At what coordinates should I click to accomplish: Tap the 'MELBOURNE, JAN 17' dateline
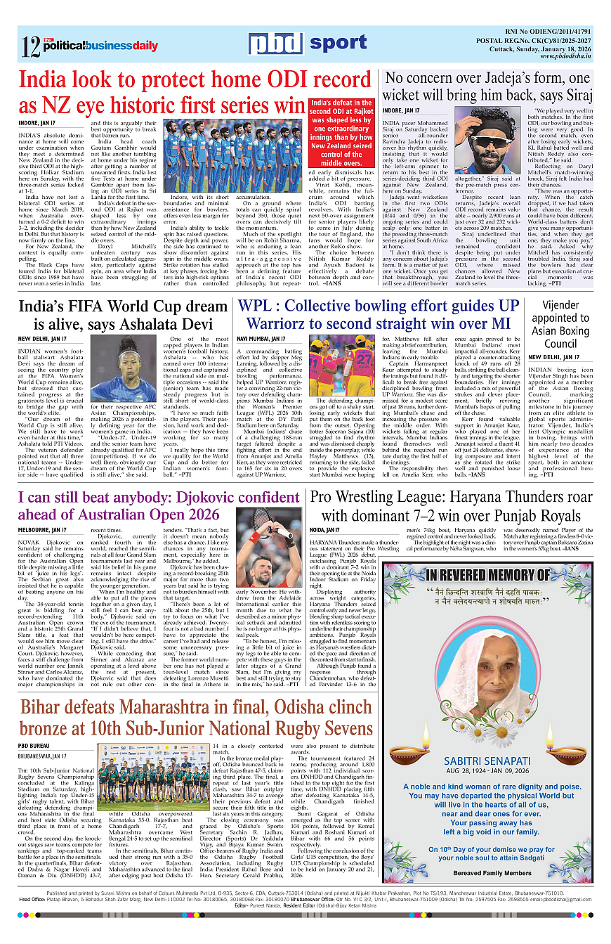[42, 530]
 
